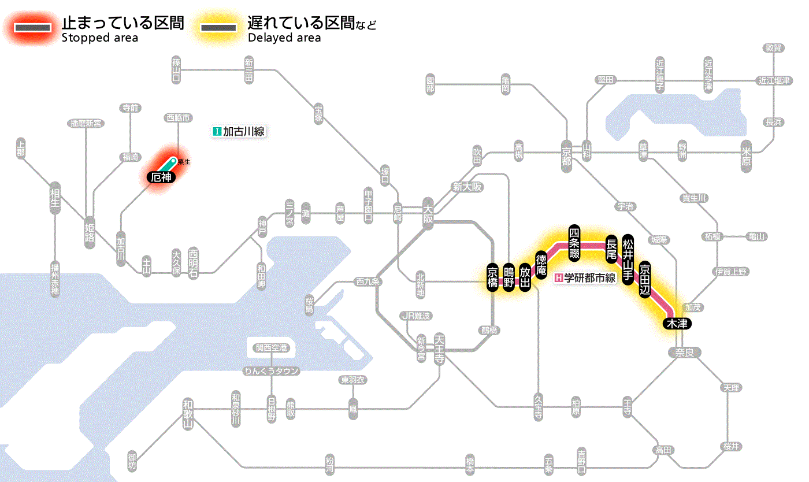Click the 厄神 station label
pos(161,178)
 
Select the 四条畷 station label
pos(574,242)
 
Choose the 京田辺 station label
pos(645,279)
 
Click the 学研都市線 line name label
pos(585,277)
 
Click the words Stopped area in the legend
pos(99,38)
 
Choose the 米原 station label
pos(745,156)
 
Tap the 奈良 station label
pos(684,352)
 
